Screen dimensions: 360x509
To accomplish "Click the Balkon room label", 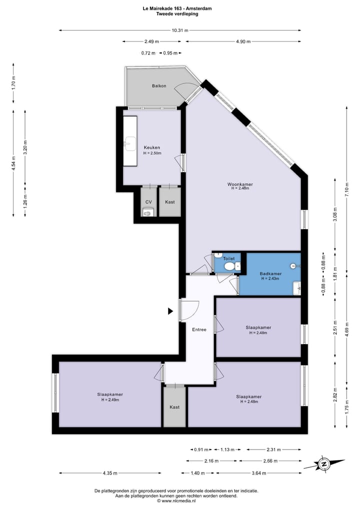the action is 159,85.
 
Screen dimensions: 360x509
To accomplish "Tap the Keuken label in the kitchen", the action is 152,147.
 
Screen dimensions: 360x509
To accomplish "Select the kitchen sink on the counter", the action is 130,144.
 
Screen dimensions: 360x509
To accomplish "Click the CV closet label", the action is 148,202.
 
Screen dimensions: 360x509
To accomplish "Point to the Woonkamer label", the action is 240,184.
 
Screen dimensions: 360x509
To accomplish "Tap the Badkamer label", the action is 270,273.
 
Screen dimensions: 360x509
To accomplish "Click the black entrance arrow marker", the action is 170,311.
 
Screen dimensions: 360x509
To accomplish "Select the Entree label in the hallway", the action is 199,329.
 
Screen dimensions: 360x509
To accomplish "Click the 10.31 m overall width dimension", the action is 180,30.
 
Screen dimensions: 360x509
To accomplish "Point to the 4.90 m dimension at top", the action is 243,41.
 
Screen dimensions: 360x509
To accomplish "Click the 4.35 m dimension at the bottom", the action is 110,473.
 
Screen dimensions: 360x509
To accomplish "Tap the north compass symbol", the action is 323,464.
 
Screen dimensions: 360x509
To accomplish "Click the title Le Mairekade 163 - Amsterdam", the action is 177,8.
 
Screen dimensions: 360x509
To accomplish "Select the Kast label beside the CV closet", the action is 170,202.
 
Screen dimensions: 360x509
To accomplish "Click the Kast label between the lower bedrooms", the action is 174,407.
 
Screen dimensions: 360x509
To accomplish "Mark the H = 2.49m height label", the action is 110,400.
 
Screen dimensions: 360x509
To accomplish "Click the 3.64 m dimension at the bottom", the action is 258,473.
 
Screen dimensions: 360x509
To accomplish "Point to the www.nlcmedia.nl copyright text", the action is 177,501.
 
